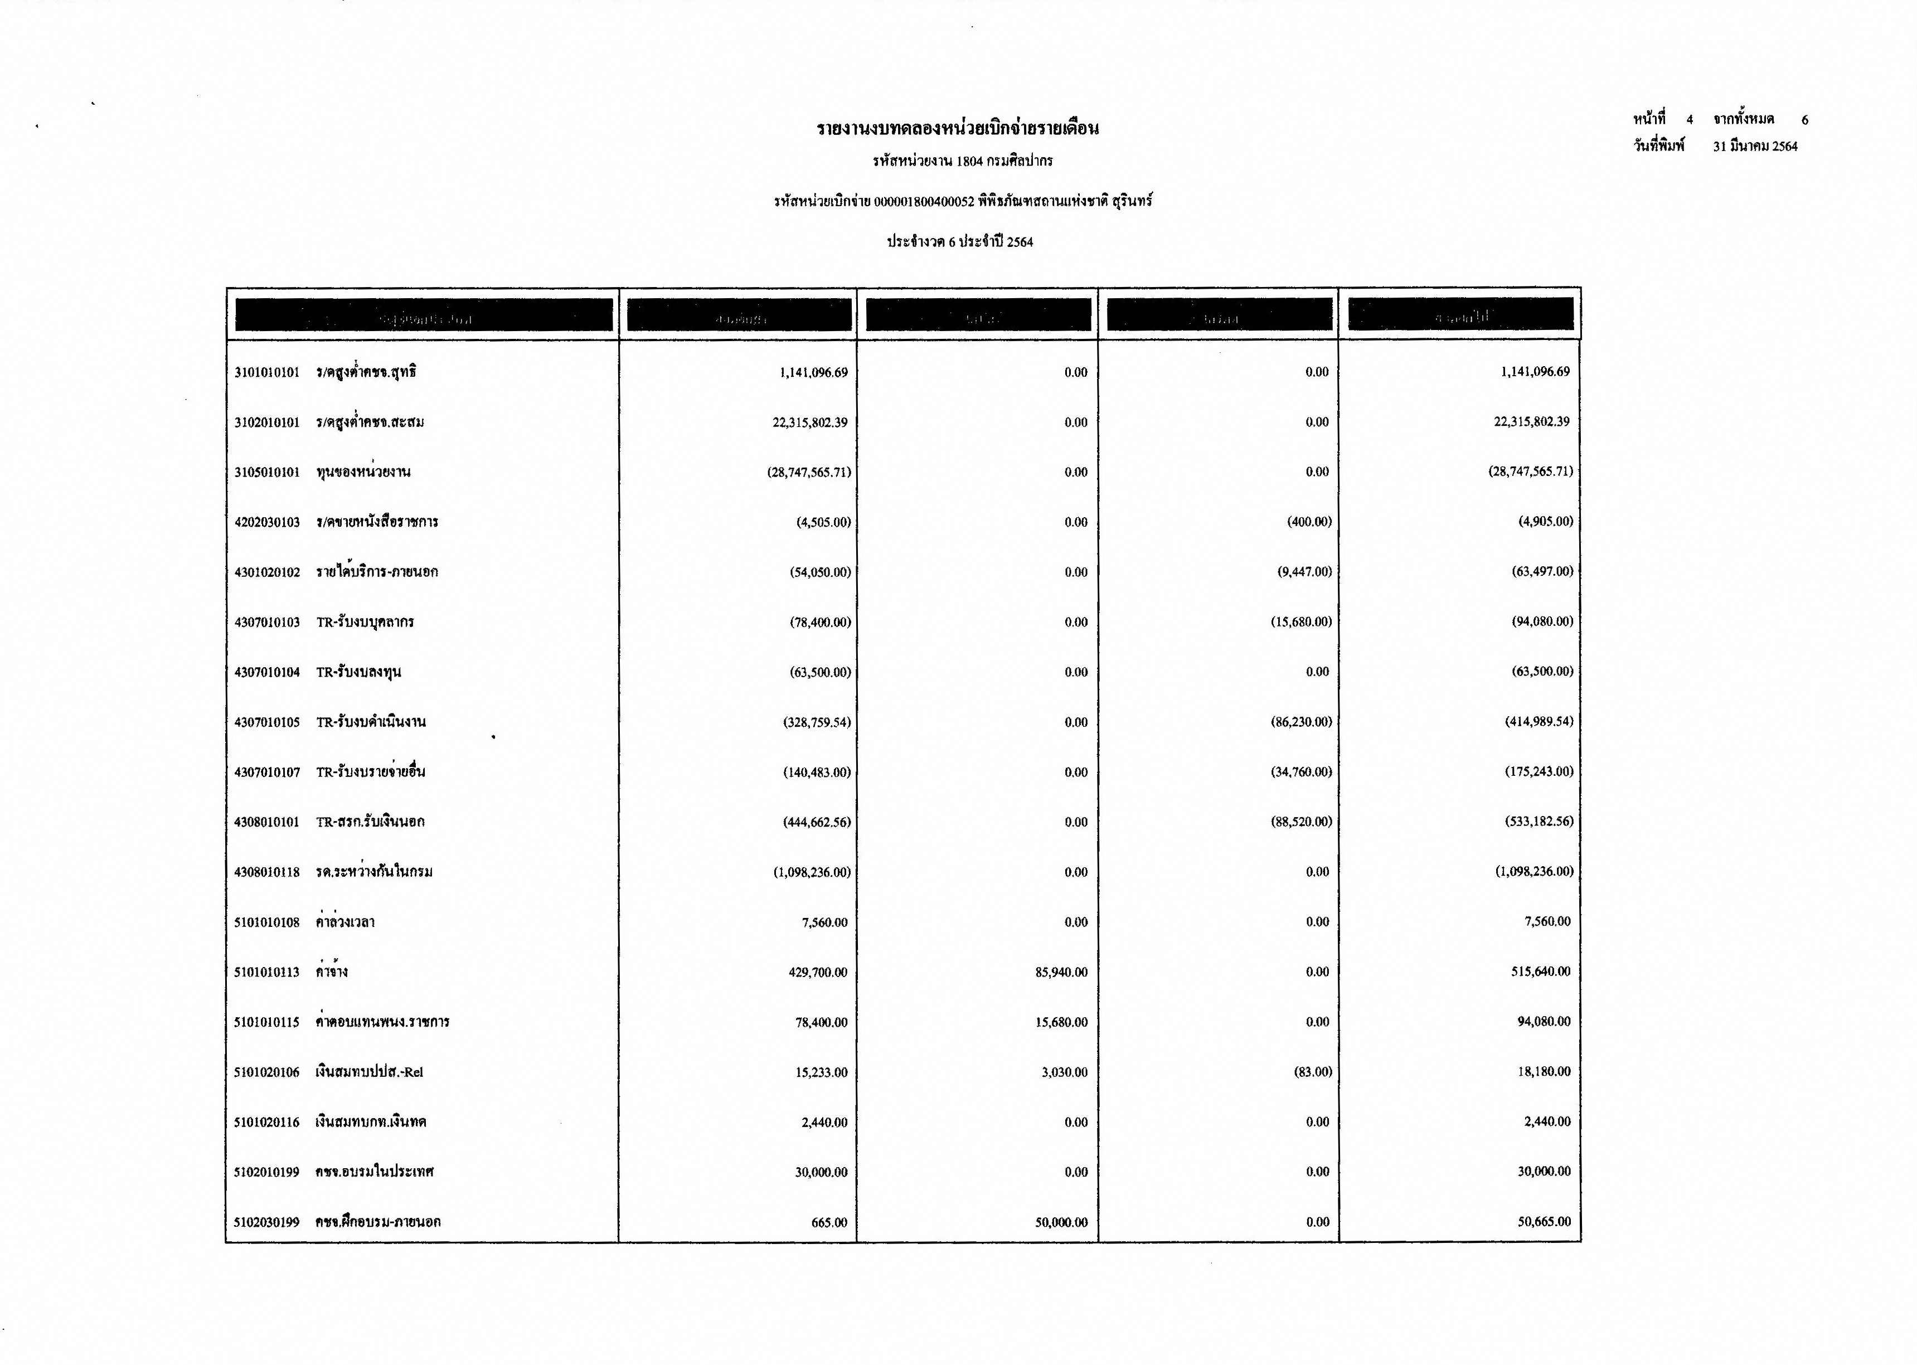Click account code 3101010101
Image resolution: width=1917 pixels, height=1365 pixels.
tap(266, 372)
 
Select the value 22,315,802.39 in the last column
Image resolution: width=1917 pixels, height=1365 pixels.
tap(1531, 422)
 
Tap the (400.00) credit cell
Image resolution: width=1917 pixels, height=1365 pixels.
tap(1308, 522)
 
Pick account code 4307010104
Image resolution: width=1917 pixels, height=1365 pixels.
tap(266, 672)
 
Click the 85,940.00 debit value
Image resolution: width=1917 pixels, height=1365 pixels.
tap(1061, 973)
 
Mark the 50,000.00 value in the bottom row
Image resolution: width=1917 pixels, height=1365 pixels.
tap(1061, 1222)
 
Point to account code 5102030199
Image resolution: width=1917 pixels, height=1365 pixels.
tap(266, 1222)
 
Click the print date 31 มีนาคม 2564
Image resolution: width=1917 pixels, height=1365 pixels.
tap(1755, 146)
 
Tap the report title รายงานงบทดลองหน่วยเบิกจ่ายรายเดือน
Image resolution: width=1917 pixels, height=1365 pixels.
tap(957, 129)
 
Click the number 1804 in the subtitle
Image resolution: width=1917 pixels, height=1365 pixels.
tap(969, 161)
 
